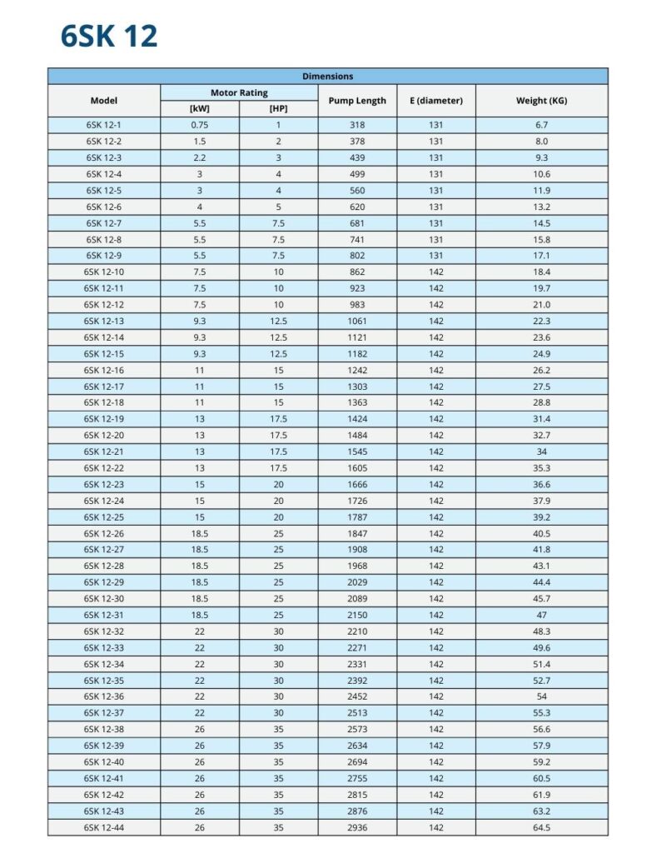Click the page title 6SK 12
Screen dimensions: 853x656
109,37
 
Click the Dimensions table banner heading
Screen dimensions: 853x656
327,77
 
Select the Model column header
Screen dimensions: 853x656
104,101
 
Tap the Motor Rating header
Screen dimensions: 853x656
239,92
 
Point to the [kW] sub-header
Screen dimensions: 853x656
200,109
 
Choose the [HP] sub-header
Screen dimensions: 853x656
278,109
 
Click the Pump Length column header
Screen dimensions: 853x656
357,101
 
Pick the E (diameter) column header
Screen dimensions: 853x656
436,101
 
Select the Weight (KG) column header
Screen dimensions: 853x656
542,101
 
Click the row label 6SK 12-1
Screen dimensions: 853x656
104,125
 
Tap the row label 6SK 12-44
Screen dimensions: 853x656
104,827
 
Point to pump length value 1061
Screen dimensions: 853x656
357,321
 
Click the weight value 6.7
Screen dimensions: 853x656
542,125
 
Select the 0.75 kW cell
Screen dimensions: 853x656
200,125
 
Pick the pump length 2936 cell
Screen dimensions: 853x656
357,827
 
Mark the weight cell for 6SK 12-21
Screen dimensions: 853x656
542,451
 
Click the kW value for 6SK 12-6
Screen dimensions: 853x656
200,207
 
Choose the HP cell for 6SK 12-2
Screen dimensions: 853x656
278,142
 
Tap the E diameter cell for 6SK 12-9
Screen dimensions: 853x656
436,256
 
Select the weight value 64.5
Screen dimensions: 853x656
542,827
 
